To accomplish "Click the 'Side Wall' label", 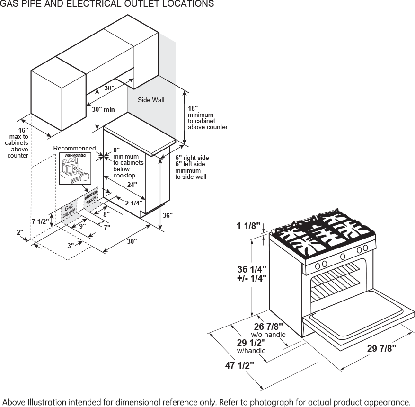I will [151, 100].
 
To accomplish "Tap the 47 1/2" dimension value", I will [239, 365].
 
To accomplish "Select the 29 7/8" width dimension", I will [381, 348].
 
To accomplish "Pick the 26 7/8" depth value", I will [268, 326].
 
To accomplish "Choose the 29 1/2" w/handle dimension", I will [251, 342].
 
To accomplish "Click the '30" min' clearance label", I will [103, 109].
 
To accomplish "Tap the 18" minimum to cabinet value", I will [193, 108].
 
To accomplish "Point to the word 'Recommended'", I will [74, 149].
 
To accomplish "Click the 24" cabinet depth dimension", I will [132, 184].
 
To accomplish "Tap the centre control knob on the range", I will [343, 257].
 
